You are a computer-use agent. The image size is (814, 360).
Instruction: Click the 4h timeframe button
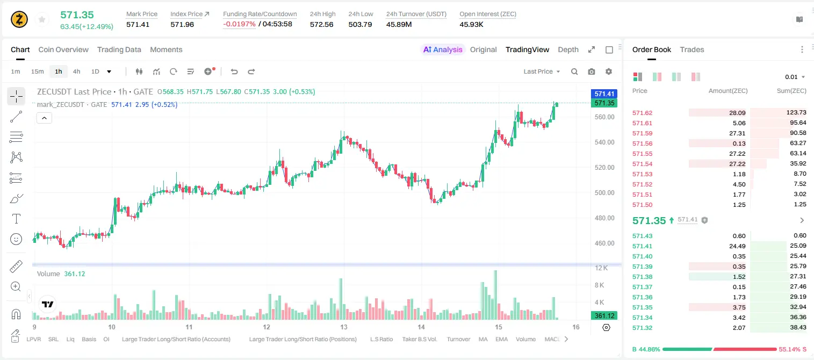click(76, 71)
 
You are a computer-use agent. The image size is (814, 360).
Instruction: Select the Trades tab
click(692, 49)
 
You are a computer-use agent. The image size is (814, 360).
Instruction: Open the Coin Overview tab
click(63, 49)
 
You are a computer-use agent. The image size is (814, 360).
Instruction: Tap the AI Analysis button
click(443, 49)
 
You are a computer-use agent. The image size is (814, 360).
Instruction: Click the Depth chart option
click(568, 49)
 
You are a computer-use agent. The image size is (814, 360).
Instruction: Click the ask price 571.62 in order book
click(642, 113)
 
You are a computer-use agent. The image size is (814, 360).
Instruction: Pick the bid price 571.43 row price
click(642, 236)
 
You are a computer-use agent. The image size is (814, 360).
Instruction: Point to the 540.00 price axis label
click(604, 142)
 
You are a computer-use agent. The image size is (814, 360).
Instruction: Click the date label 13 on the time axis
click(344, 327)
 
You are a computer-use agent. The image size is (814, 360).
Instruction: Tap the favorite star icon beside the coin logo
click(42, 19)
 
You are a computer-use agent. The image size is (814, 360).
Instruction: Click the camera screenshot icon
click(592, 71)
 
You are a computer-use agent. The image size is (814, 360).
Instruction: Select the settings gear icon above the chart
click(609, 71)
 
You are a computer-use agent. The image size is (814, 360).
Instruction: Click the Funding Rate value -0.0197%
click(239, 24)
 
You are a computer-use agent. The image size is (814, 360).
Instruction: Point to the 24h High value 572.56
click(322, 24)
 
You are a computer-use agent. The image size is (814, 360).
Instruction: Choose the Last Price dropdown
click(542, 71)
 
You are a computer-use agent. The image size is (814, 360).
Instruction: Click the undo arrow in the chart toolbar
click(234, 71)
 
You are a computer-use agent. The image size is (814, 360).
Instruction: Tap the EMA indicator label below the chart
click(501, 339)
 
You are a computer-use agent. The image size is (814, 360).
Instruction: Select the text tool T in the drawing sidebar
click(16, 219)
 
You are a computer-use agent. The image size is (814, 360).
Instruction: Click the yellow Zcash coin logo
click(19, 19)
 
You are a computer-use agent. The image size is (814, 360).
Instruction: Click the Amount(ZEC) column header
click(728, 91)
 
